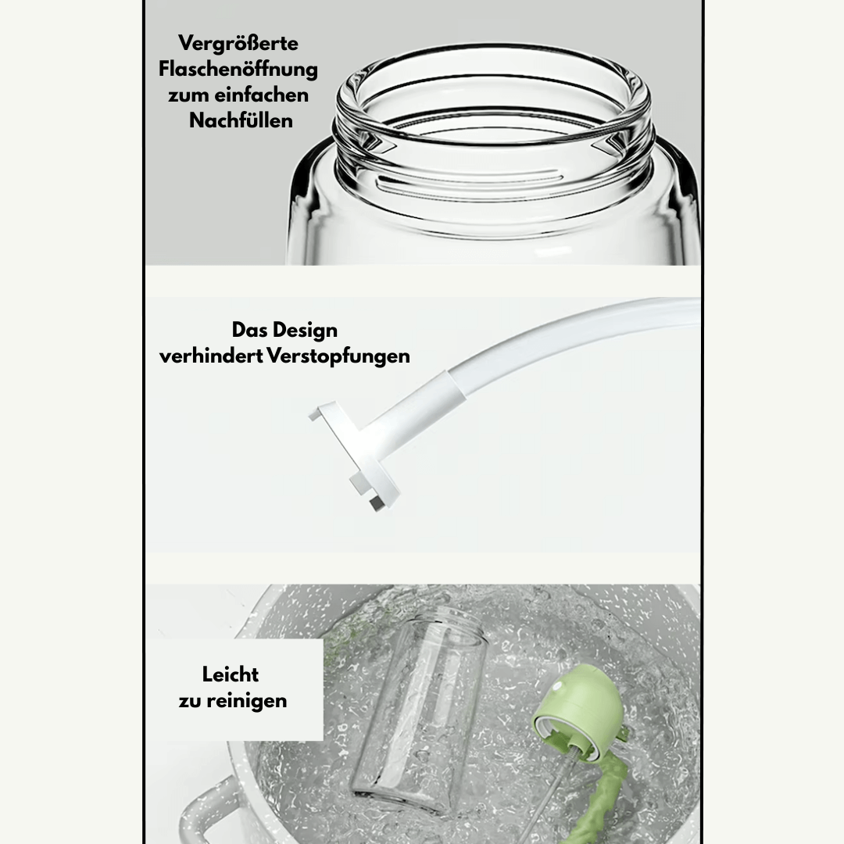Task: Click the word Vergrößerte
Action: (238, 43)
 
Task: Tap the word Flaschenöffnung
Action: (238, 70)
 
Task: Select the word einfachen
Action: (262, 95)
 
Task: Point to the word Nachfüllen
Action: (241, 120)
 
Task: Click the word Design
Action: (306, 331)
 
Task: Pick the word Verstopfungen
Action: (338, 356)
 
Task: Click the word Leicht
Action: (231, 674)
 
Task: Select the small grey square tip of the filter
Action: (376, 503)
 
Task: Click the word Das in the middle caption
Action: (250, 331)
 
